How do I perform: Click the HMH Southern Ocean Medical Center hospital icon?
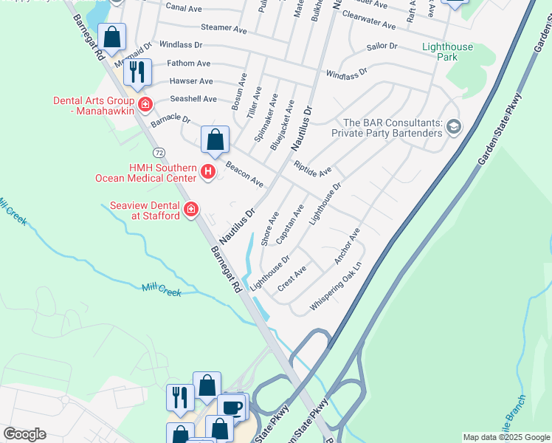click(x=208, y=173)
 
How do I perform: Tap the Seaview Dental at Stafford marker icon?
click(x=191, y=210)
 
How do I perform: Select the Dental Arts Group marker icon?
click(x=145, y=105)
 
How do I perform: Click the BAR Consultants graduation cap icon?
click(x=453, y=128)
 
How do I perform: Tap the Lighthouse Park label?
click(x=447, y=52)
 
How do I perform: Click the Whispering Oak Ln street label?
click(x=337, y=286)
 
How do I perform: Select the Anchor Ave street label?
click(x=346, y=246)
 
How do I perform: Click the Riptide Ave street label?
click(x=312, y=170)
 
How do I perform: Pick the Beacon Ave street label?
click(x=245, y=173)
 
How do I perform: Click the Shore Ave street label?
click(x=269, y=229)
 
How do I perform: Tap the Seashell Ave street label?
click(x=193, y=99)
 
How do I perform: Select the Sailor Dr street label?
click(x=382, y=46)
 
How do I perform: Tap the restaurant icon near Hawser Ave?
click(x=137, y=72)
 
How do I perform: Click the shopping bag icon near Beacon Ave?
click(x=215, y=139)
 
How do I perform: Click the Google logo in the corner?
click(x=24, y=434)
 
